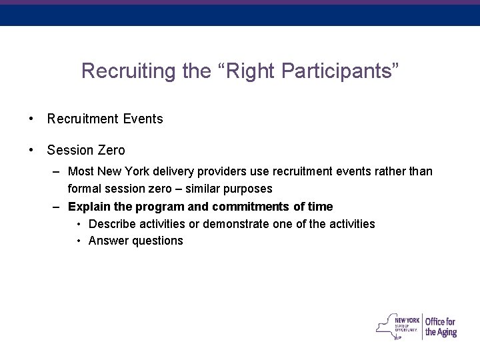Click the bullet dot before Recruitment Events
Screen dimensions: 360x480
(31, 119)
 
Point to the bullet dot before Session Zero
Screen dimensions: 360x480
(31, 151)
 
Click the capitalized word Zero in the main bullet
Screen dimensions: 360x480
(110, 151)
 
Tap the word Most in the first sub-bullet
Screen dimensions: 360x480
(80, 172)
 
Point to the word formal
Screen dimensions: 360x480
(84, 189)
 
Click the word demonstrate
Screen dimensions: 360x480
(225, 223)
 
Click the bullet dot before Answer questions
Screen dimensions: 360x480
(79, 241)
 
